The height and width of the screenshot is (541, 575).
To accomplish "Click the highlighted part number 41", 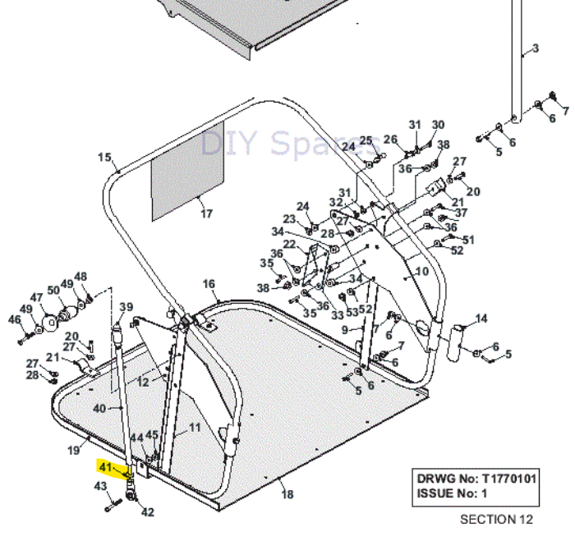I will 104,467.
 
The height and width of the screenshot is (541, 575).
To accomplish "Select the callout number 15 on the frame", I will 104,157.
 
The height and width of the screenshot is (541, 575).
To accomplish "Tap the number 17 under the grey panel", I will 206,214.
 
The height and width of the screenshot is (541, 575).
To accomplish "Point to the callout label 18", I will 287,494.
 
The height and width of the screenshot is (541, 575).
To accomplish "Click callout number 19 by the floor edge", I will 72,449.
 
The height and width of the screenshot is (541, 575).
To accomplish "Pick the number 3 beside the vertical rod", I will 536,48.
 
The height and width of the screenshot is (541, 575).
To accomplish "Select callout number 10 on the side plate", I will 422,271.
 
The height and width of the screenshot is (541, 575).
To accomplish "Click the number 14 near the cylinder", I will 481,319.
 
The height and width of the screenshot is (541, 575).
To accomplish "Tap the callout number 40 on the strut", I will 99,408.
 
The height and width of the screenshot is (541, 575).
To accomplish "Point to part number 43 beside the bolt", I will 101,487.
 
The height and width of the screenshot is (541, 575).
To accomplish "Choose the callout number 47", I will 37,297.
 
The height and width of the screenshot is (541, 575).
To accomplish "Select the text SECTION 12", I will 496,520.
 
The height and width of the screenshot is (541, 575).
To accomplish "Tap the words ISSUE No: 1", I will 451,493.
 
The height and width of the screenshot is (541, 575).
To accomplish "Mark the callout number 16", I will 209,283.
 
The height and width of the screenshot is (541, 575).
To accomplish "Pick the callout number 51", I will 469,239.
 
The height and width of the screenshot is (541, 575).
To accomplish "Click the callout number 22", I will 289,245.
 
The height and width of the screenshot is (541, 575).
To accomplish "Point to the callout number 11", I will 195,427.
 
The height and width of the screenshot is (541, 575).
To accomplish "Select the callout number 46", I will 14,319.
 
